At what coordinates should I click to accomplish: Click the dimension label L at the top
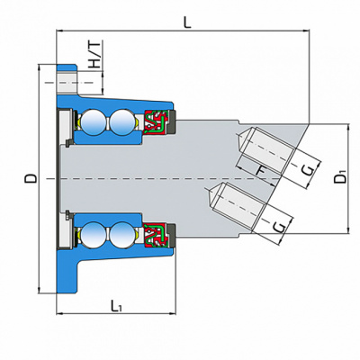click(187, 22)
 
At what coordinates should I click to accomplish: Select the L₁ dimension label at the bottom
click(116, 305)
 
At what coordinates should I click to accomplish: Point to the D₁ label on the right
click(341, 176)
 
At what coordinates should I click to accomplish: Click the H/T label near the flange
click(94, 55)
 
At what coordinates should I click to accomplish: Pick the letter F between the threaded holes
click(262, 171)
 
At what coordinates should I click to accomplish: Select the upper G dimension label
click(309, 170)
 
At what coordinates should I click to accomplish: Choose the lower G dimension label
click(280, 227)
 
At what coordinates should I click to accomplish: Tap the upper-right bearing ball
click(122, 122)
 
